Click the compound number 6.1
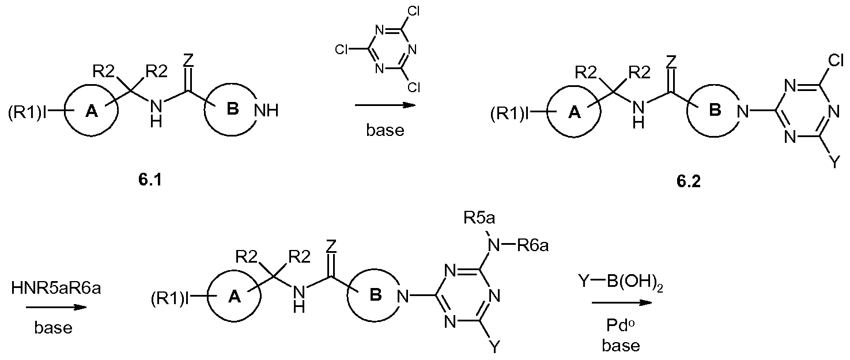click(150, 180)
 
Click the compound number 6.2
click(689, 181)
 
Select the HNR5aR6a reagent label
click(56, 289)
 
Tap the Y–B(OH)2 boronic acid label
click(621, 284)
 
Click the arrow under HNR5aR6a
click(56, 307)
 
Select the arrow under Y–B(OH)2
click(621, 302)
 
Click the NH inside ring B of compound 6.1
click(266, 111)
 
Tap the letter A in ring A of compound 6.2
click(575, 112)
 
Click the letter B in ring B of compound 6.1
click(232, 109)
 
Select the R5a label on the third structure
click(479, 218)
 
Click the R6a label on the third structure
click(533, 246)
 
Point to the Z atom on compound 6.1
click(188, 60)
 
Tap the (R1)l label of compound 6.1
click(27, 113)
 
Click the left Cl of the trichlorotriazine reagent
click(342, 50)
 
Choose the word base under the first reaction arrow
click(385, 130)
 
